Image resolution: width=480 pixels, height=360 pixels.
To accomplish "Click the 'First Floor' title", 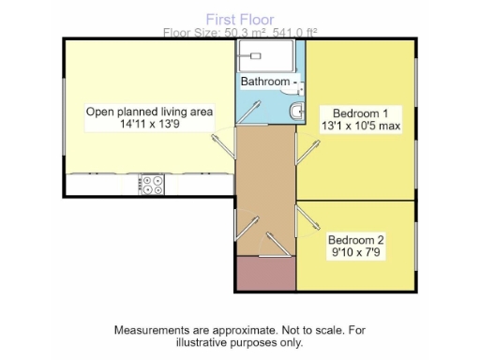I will coord(240,18).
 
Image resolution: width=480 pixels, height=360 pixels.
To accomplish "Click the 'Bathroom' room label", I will coord(265,82).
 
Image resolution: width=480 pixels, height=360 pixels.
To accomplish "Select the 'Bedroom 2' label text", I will coord(356,238).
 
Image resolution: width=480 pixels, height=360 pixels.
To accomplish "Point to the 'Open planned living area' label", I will coord(149,112).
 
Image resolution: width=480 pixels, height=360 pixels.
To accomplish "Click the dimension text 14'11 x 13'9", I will coord(149,124).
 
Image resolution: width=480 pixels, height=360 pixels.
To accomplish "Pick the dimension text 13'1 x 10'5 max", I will coord(361,124).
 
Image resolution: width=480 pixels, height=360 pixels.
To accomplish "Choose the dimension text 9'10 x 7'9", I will coord(356,251).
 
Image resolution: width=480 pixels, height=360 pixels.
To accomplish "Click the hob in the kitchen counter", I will coord(151,185).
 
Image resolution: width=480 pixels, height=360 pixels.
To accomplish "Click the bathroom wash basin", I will coord(296,112).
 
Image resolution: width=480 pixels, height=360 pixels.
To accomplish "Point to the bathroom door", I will coord(250,112).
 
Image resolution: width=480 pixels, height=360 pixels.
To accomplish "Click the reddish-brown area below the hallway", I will coord(265,274).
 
